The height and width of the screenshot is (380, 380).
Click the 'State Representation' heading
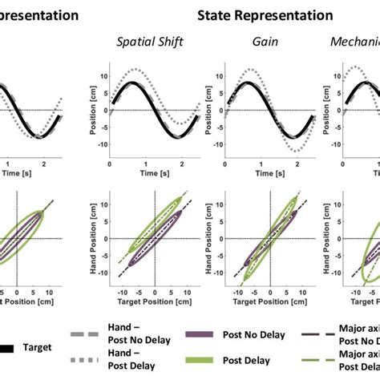pyautogui.click(x=265, y=15)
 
